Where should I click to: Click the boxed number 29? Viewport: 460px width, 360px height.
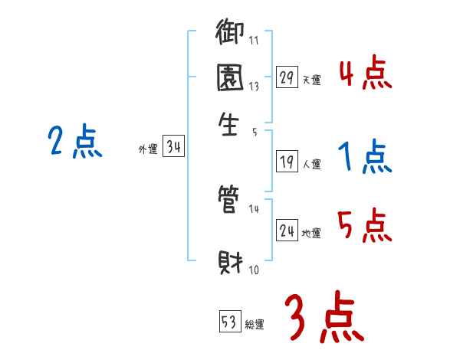(287, 77)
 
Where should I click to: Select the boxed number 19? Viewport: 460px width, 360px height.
(287, 162)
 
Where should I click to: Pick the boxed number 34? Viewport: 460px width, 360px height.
(172, 148)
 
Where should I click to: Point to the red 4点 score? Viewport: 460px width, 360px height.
(365, 76)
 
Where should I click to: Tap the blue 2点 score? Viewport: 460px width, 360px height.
(74, 143)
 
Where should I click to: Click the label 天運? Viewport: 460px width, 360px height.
(311, 80)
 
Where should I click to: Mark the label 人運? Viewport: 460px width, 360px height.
(312, 164)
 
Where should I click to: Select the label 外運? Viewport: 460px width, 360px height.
(147, 150)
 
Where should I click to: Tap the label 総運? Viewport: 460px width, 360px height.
(255, 324)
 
